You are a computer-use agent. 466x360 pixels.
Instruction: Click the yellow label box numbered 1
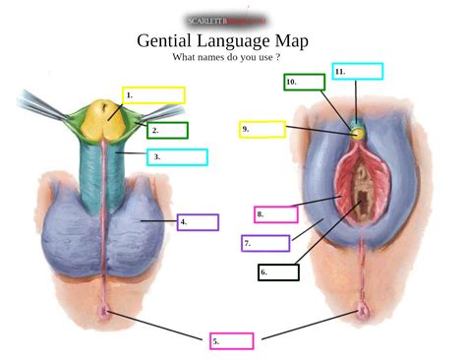click(x=154, y=95)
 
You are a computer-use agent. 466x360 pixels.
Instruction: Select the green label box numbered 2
click(x=168, y=130)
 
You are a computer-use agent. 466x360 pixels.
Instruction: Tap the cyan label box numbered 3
click(x=178, y=156)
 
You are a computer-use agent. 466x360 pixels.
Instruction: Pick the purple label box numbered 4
click(x=198, y=222)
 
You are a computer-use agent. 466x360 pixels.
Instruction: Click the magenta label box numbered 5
click(x=231, y=341)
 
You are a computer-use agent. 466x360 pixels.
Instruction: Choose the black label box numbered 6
click(x=278, y=271)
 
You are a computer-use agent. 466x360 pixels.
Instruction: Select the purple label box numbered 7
click(x=265, y=243)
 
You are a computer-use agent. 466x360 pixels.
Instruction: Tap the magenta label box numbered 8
click(x=275, y=214)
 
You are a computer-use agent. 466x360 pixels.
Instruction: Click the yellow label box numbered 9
click(x=262, y=129)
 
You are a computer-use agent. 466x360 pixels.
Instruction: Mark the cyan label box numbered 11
click(x=358, y=71)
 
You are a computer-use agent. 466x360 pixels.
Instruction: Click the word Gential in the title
click(x=168, y=41)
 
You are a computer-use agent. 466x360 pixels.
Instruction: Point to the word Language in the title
click(x=241, y=41)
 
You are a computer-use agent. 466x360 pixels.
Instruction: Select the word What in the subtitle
click(x=185, y=57)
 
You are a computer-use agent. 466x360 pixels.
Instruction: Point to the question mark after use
click(x=278, y=57)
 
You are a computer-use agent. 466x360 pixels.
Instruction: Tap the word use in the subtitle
click(x=265, y=57)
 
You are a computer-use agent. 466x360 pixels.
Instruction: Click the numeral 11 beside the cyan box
click(x=339, y=72)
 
